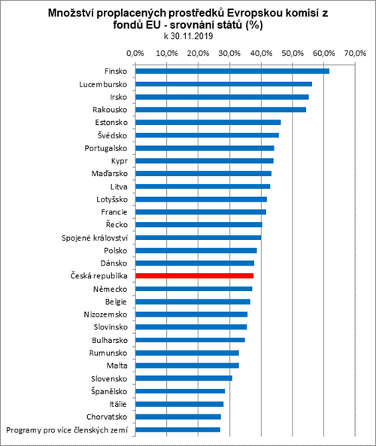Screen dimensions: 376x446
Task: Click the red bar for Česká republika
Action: [195, 276]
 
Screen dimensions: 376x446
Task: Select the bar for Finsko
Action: [232, 71]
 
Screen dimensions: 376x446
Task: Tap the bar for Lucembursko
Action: [224, 84]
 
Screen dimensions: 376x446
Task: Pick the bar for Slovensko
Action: [184, 378]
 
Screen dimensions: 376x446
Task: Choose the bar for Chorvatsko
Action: [178, 417]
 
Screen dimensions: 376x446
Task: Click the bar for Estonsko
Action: [208, 123]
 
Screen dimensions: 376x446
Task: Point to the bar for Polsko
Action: [196, 250]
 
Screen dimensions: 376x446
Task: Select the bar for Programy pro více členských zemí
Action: [178, 429]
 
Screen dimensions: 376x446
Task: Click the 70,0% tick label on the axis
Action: [355, 53]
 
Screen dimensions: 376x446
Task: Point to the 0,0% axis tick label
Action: [135, 53]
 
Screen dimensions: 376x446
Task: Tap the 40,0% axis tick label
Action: [262, 53]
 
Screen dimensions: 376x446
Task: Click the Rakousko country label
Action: [110, 110]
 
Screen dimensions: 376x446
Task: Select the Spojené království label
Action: [95, 238]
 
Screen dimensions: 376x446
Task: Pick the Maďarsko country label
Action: [110, 174]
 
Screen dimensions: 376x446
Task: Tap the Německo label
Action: [110, 289]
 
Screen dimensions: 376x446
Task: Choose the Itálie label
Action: [118, 404]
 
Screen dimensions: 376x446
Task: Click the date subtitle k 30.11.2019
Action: [188, 36]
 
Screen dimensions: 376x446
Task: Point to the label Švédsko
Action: [112, 135]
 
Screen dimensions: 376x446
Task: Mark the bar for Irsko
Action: [222, 97]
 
